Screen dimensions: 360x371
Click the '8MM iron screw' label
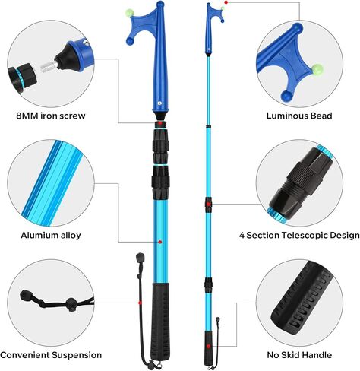pos(51,116)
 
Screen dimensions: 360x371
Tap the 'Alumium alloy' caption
pos(51,235)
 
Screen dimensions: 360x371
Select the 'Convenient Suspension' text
pos(51,355)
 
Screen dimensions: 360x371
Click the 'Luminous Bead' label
pos(299,116)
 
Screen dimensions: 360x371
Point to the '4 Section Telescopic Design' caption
pos(299,235)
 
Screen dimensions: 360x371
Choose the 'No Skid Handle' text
pos(299,355)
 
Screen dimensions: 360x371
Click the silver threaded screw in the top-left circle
pos(48,68)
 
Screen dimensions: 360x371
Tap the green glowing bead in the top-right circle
pos(317,69)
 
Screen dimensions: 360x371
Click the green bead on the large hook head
pos(130,13)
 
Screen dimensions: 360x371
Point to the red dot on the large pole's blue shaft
pos(160,242)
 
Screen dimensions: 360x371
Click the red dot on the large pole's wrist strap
pos(140,303)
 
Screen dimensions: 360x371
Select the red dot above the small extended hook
pos(226,2)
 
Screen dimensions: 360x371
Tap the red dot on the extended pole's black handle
pos(208,346)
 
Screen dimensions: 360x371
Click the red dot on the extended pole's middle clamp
pos(208,204)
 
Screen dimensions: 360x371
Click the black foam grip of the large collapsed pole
pos(160,322)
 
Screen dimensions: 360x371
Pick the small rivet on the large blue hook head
pos(159,103)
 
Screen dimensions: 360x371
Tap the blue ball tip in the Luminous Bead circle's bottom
pos(287,96)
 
